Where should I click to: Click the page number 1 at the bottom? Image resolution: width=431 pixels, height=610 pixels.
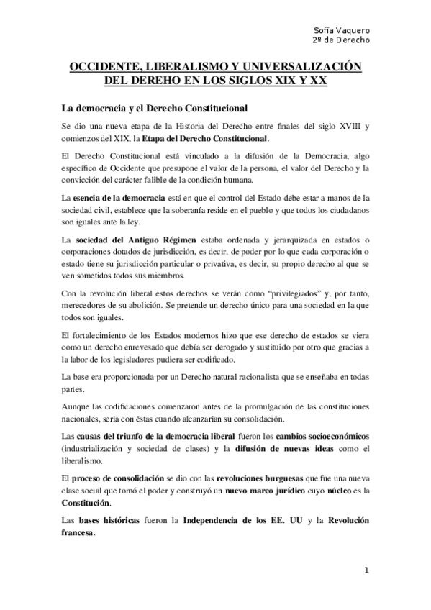tap(367, 571)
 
